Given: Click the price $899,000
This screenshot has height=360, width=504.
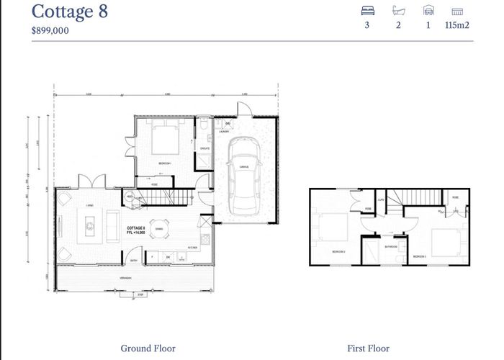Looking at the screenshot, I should click(50, 31).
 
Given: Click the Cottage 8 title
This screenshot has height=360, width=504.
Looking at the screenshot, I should click(70, 12).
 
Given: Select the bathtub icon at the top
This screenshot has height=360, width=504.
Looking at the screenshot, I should click(397, 12).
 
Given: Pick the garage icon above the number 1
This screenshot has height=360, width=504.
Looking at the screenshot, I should click(428, 12).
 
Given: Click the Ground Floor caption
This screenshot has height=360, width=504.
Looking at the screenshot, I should click(148, 348).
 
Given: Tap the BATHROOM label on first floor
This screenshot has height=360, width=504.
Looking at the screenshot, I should click(391, 246).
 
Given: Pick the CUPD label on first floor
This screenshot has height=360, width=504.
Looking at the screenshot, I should click(381, 199).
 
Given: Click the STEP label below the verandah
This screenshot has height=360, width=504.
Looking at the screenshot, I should click(141, 295).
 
